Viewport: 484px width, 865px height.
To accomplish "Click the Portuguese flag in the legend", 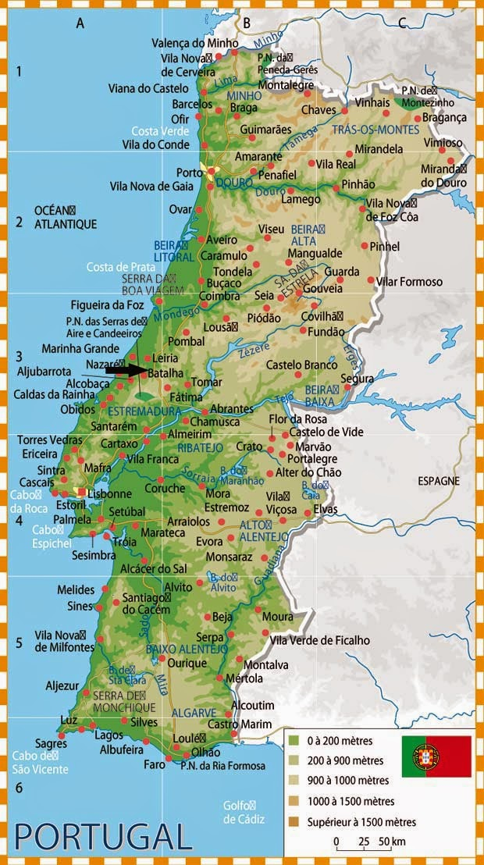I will (436, 756).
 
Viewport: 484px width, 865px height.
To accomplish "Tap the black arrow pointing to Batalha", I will (126, 370).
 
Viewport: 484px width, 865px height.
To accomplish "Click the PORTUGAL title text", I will (102, 835).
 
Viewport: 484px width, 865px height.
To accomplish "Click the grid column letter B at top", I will (246, 23).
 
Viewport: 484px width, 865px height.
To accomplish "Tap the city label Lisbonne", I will (110, 494).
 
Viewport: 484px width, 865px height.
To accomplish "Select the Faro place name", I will (155, 764).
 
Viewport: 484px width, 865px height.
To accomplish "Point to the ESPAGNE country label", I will (438, 481).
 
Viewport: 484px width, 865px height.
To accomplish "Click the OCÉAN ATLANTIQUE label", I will (66, 217).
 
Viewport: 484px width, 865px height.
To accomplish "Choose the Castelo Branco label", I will (301, 365).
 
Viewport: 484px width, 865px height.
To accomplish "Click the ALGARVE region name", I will (194, 713).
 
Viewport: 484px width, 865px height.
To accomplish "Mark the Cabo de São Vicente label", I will (40, 762).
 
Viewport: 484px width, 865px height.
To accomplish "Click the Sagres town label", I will (51, 744).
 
